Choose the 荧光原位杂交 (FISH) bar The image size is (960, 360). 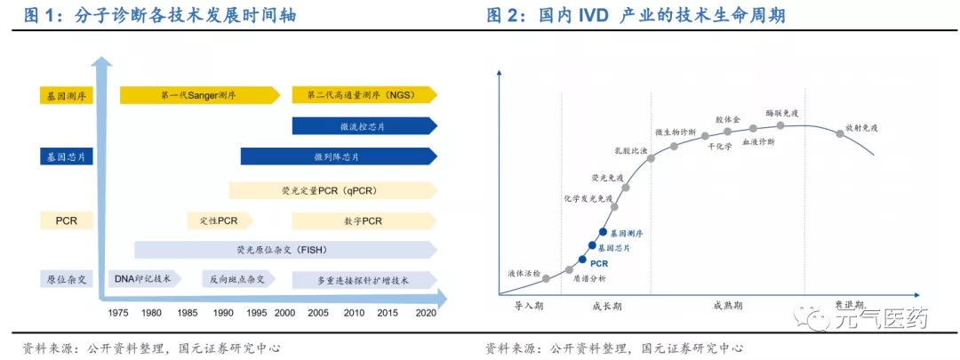click(x=284, y=250)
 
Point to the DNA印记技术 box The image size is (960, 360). click(x=143, y=279)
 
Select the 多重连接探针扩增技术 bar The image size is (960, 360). click(x=362, y=280)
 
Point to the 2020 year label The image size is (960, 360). click(x=425, y=313)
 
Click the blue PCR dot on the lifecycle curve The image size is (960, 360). click(x=582, y=260)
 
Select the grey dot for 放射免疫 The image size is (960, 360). click(x=839, y=134)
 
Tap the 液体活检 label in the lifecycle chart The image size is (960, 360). click(x=524, y=273)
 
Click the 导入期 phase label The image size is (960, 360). click(x=530, y=305)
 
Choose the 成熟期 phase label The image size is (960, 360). click(x=728, y=305)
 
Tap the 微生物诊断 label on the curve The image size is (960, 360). click(x=676, y=132)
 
